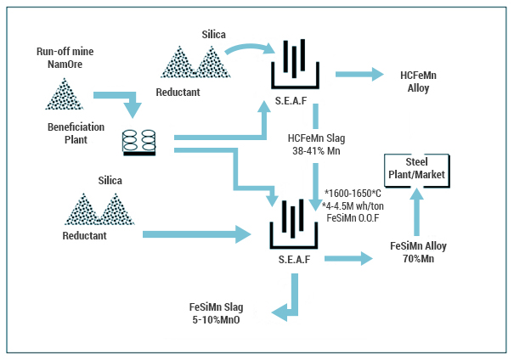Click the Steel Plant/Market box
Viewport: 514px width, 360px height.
pos(415,168)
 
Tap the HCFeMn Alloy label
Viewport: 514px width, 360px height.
pos(418,82)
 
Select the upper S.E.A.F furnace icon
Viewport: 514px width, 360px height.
pos(295,65)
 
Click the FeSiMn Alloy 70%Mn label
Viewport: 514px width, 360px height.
pos(418,252)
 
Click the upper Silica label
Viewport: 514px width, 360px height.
pos(213,34)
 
